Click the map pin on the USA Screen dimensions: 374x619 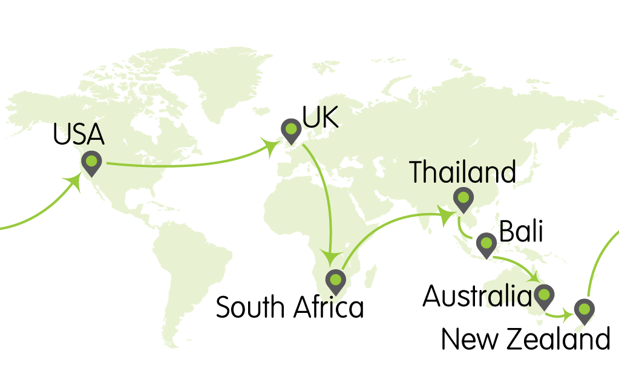point(91,162)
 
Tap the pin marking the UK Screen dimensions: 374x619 point(291,130)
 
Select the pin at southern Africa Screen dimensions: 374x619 point(335,281)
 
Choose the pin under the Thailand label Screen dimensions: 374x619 point(463,198)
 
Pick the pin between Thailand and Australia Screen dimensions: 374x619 point(486,243)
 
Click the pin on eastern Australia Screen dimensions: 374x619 point(544,295)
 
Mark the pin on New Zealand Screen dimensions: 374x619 point(584,310)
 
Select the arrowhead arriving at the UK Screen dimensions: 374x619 point(269,147)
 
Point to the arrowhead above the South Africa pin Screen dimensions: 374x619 point(330,257)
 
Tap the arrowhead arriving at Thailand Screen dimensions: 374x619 point(446,215)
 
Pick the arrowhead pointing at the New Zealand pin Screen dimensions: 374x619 point(568,315)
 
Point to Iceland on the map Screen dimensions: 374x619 point(261,111)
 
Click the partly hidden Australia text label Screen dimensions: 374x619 point(508,297)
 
